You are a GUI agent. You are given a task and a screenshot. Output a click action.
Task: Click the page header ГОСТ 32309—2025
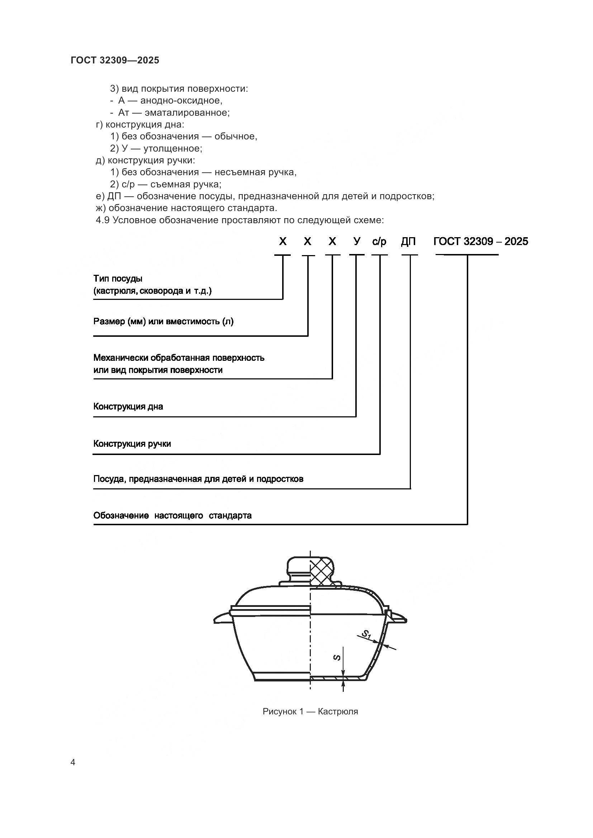(x=115, y=60)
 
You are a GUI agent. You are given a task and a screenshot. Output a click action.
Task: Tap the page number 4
(x=73, y=762)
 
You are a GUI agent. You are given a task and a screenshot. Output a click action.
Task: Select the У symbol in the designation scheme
(x=357, y=241)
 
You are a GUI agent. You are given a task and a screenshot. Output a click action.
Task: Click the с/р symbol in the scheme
(x=379, y=241)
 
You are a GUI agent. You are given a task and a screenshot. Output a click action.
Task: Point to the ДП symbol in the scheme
(x=408, y=241)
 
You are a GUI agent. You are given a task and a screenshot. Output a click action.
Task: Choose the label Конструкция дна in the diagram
(x=128, y=407)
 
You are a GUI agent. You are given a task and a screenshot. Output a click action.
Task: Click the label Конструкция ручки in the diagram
(x=132, y=444)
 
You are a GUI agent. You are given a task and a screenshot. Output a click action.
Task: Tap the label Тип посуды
(x=118, y=278)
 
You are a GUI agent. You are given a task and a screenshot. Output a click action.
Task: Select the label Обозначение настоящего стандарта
(x=172, y=516)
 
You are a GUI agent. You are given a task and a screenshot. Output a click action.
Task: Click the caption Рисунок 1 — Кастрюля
(x=310, y=712)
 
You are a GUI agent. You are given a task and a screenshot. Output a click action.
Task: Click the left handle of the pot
(x=223, y=619)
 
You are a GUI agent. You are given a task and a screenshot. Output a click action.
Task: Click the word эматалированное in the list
(x=187, y=112)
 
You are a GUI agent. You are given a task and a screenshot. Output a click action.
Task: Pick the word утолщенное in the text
(x=173, y=148)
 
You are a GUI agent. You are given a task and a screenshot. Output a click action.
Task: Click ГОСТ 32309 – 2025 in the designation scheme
(x=480, y=241)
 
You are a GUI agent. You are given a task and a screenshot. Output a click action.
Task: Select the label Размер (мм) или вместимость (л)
(x=163, y=321)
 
